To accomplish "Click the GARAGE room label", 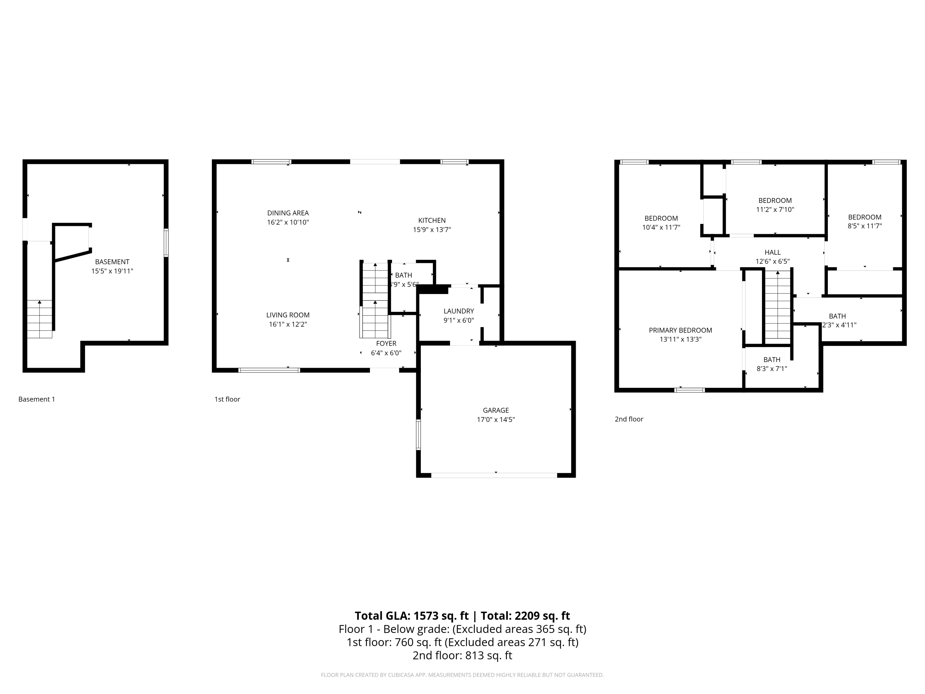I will [x=495, y=410].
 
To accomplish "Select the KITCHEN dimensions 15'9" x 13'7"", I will [x=432, y=230].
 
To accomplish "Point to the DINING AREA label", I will [x=288, y=213].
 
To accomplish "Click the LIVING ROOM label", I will [x=288, y=315].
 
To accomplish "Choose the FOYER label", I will [x=386, y=343].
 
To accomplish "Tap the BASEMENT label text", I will [x=112, y=262].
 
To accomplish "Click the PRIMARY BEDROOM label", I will [x=680, y=330].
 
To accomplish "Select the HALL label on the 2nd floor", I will [x=772, y=252].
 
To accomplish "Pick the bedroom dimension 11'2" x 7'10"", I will [x=775, y=209].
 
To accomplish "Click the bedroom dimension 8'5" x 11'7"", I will [x=864, y=226].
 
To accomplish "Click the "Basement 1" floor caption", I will [x=37, y=399].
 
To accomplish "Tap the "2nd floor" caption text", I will [x=628, y=419].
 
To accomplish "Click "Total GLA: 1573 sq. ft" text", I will [x=412, y=616].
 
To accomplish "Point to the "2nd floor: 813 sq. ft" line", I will [x=462, y=655].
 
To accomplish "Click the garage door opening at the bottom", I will [x=494, y=475].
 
